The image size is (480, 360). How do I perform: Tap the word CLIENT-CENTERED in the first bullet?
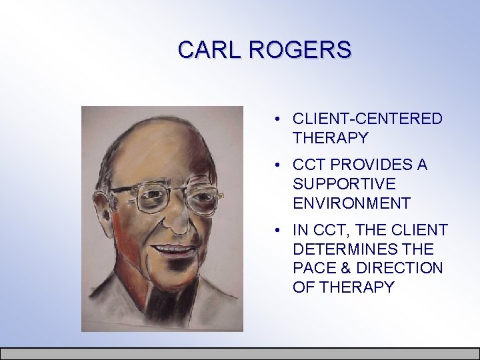tap(367, 119)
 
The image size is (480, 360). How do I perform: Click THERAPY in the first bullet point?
tap(330, 138)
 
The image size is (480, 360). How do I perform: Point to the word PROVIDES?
tap(370, 164)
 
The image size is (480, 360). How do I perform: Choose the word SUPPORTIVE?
tap(344, 183)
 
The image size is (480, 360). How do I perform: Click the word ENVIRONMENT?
tap(351, 202)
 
